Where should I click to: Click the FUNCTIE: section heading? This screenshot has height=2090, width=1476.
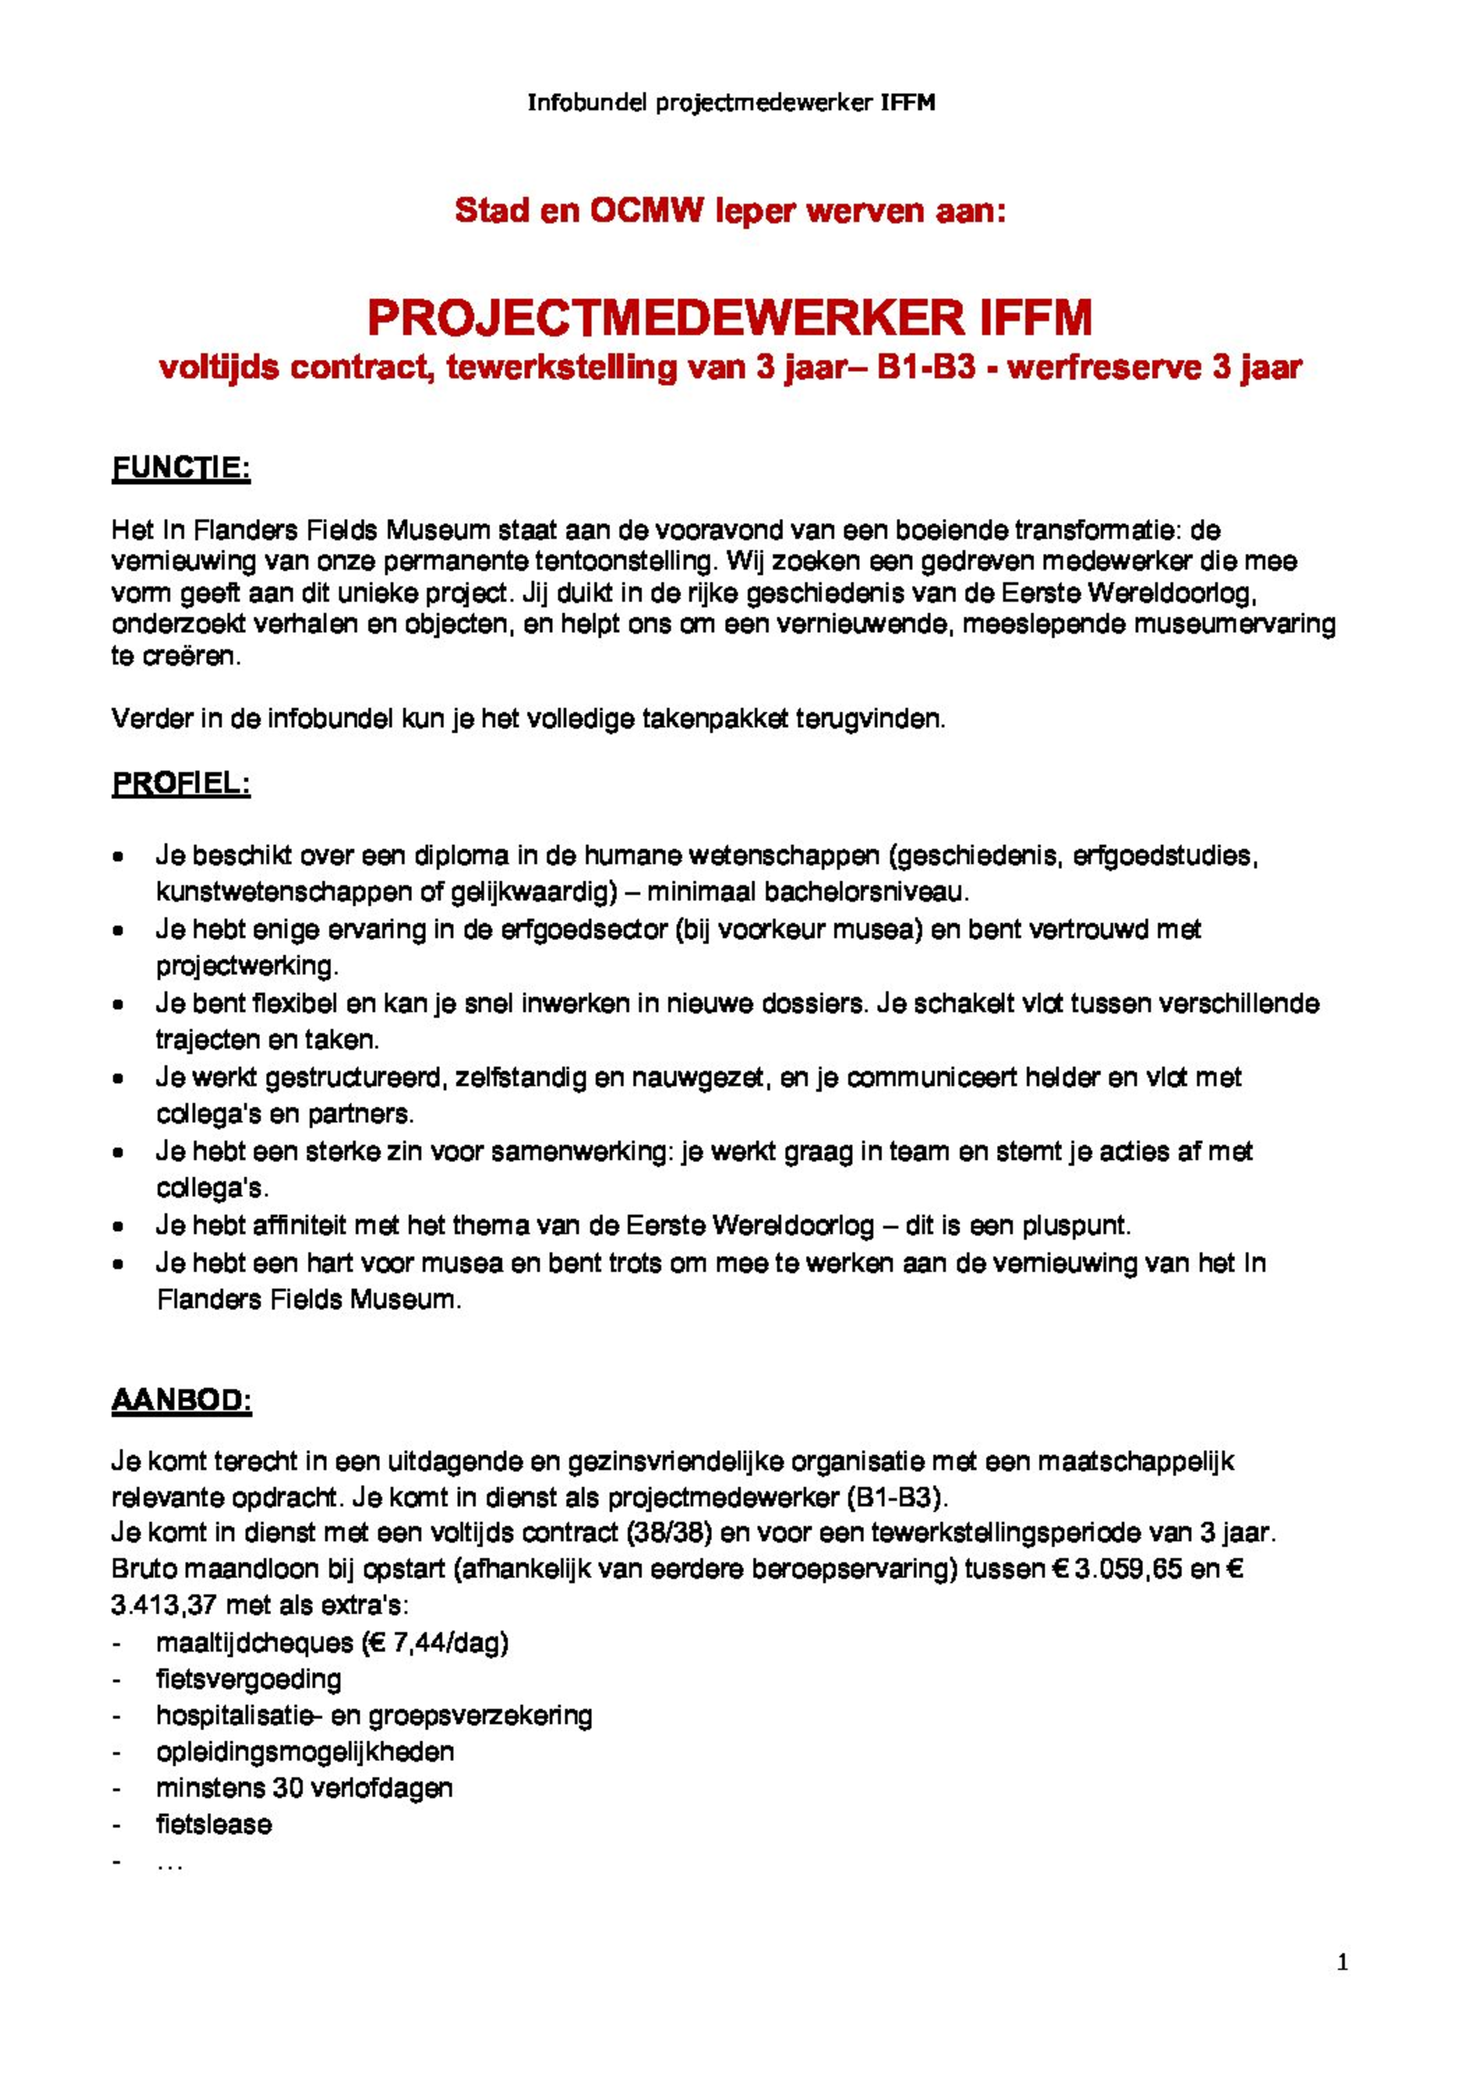181,469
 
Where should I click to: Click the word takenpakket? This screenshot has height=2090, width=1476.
716,719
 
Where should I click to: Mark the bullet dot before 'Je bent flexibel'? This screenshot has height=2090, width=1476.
118,1006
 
